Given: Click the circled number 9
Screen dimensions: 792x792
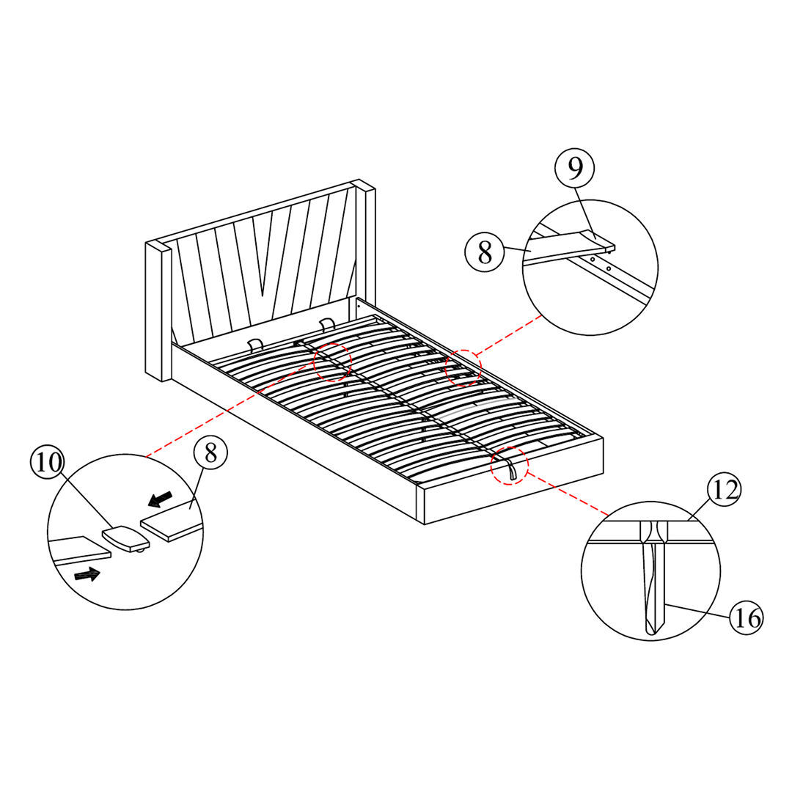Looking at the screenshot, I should pyautogui.click(x=575, y=169).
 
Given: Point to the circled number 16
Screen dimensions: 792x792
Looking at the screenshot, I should pyautogui.click(x=746, y=618).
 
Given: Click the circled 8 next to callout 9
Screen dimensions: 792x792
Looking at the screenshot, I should pyautogui.click(x=485, y=252).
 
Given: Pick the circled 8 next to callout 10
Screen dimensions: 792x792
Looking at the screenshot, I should pyautogui.click(x=210, y=453).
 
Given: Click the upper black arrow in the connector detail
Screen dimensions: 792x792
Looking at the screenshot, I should pyautogui.click(x=160, y=500).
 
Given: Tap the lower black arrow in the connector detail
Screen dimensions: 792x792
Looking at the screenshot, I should pyautogui.click(x=87, y=574).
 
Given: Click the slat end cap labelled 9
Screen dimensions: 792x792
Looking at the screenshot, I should pyautogui.click(x=598, y=239).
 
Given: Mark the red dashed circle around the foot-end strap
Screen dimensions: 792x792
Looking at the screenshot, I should pyautogui.click(x=510, y=466).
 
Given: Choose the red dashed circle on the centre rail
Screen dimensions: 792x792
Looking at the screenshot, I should pyautogui.click(x=333, y=362).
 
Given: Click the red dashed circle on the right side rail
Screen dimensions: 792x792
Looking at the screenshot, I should pyautogui.click(x=463, y=367).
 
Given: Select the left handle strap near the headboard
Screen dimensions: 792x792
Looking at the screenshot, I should pyautogui.click(x=255, y=344).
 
